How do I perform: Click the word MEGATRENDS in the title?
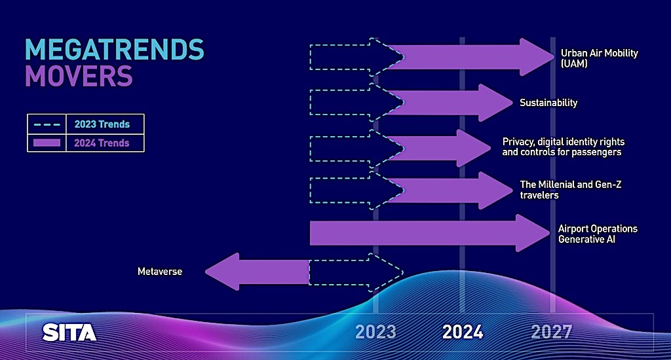115,50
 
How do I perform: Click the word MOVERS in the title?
79,76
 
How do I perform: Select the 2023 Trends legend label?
102,124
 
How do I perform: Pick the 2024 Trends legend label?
102,143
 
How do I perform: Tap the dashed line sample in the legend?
47,124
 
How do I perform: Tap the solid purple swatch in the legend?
47,143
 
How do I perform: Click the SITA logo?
69,333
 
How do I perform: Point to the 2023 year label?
375,332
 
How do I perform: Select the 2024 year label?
463,332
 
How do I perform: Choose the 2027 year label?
552,332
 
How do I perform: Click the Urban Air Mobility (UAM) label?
599,58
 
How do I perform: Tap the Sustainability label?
548,103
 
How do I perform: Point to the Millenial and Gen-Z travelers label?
571,190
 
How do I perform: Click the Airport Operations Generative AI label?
598,234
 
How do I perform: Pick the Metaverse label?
160,272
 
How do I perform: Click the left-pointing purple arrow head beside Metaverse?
222,272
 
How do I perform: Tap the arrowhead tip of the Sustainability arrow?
512,103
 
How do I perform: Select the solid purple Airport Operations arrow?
430,233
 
